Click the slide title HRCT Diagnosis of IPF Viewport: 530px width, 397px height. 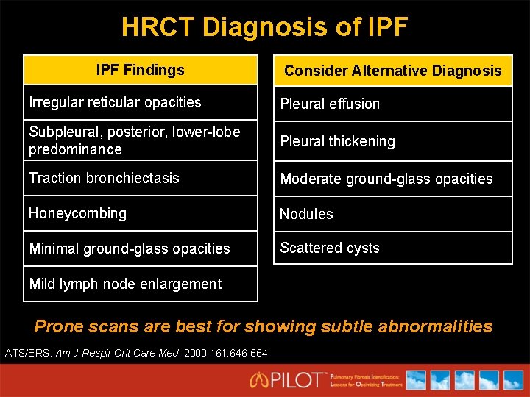click(x=264, y=27)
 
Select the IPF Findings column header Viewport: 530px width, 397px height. click(x=140, y=71)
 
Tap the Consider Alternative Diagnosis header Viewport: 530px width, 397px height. click(x=392, y=71)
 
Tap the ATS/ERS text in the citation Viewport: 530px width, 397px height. click(x=27, y=353)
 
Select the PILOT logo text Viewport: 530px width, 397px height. click(x=299, y=380)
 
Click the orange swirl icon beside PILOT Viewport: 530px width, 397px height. click(x=259, y=380)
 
